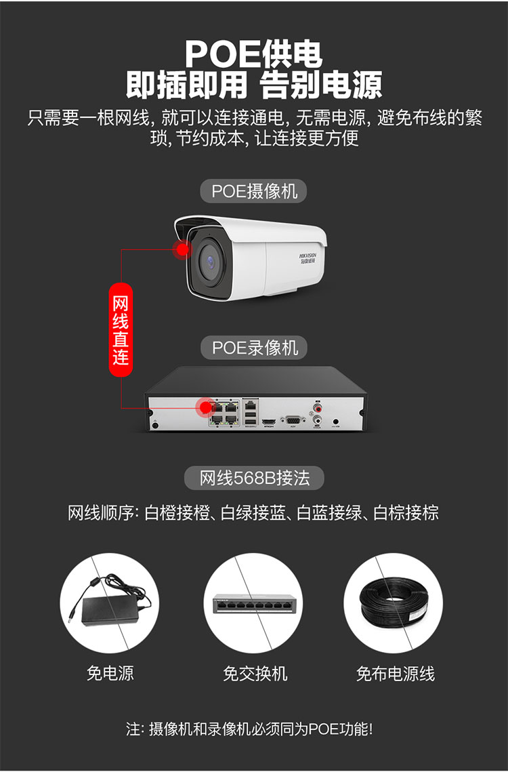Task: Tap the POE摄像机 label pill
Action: coord(254,191)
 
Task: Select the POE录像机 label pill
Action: coord(255,348)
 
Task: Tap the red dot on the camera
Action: coord(182,249)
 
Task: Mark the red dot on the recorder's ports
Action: coord(204,407)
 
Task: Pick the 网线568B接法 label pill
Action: coord(254,478)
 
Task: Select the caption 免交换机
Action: coord(255,673)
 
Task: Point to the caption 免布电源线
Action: coord(396,673)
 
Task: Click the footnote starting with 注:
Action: coord(249,729)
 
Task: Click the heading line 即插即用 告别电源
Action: coord(254,85)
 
